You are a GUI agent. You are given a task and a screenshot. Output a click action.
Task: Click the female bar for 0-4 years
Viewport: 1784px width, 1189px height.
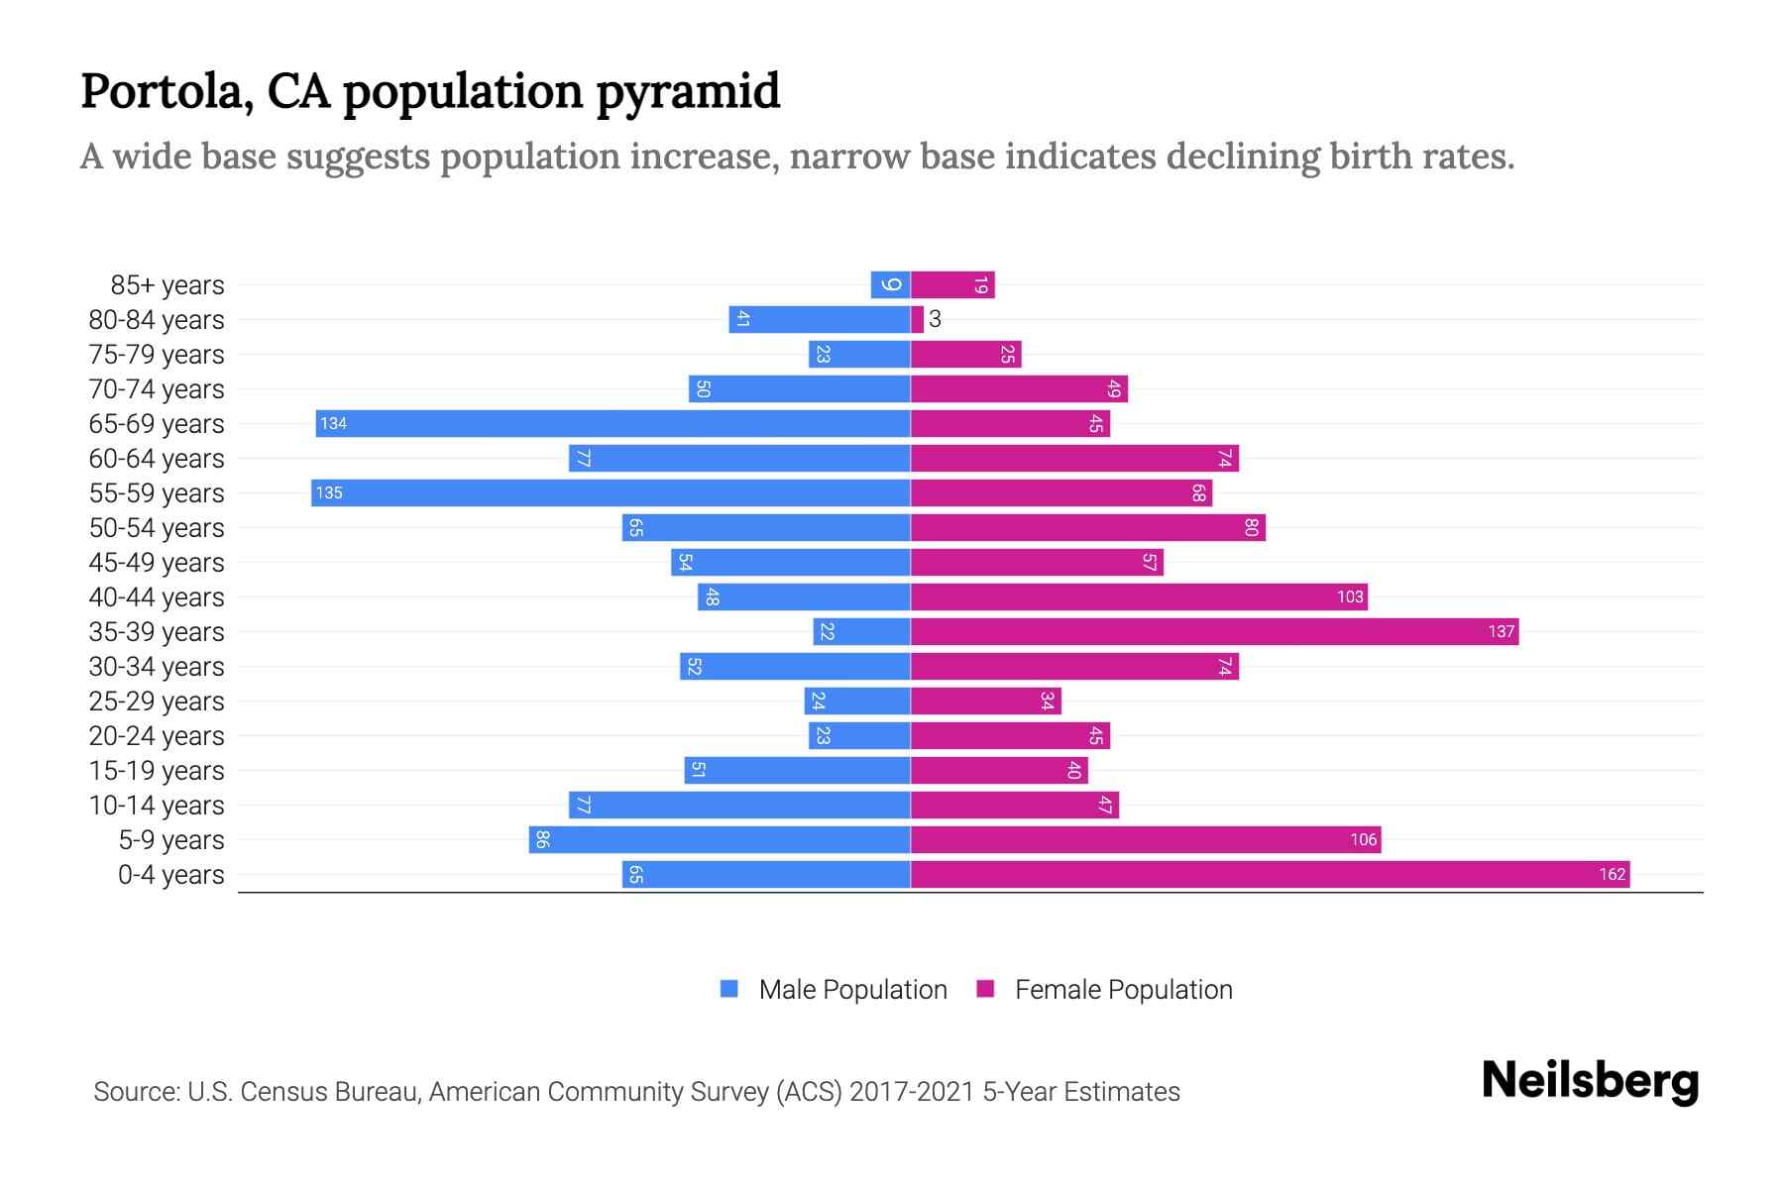tap(1269, 875)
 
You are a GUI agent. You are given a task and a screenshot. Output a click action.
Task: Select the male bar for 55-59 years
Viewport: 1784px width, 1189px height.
tap(611, 493)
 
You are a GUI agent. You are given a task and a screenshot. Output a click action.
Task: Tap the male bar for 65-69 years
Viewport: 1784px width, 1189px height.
tap(613, 424)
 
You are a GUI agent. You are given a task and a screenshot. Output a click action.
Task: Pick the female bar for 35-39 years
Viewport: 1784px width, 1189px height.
tap(1214, 632)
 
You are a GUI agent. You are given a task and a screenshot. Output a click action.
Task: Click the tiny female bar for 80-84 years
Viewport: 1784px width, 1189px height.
tap(918, 320)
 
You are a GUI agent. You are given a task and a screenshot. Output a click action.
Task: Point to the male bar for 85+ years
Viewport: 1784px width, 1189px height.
tap(890, 285)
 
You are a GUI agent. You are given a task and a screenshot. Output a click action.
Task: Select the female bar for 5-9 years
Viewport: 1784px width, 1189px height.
tap(1145, 840)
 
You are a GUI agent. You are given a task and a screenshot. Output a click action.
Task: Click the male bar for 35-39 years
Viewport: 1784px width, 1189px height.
tap(861, 632)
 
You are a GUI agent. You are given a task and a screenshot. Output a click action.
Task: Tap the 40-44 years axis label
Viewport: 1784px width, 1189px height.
tap(157, 597)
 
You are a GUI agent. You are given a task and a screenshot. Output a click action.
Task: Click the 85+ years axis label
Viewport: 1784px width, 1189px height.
tap(167, 285)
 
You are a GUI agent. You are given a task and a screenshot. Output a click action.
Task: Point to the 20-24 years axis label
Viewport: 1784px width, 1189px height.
tap(157, 736)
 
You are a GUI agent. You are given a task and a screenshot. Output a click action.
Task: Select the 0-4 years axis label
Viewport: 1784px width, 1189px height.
tap(170, 875)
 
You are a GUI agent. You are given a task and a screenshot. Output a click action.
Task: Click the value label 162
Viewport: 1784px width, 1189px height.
tap(1612, 875)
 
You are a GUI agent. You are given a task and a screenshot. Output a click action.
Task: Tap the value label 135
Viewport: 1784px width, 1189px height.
tap(329, 493)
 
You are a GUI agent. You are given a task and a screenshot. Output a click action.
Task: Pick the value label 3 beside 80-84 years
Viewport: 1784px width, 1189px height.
tap(935, 320)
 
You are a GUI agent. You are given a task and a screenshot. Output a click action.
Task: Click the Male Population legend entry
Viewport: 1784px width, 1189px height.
tap(834, 990)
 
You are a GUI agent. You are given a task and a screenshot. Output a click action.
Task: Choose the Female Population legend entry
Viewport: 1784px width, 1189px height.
tap(1104, 990)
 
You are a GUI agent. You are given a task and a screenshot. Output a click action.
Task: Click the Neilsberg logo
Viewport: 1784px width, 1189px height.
tap(1590, 1081)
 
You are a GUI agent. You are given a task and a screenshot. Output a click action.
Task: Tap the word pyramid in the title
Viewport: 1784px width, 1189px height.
tap(688, 92)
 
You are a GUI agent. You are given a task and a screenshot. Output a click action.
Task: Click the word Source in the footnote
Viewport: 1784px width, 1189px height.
tap(136, 1092)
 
